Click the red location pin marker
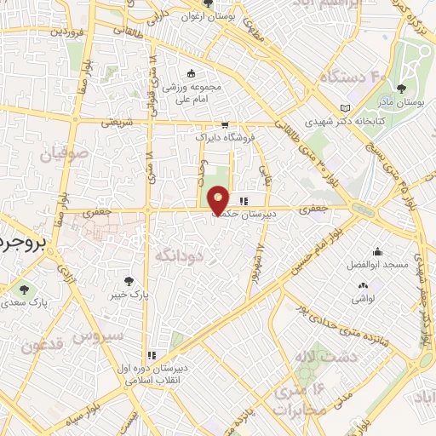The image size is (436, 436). [x=218, y=201]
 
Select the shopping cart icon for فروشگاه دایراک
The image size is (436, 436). [x=225, y=124]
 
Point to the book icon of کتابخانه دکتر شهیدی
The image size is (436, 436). [x=344, y=108]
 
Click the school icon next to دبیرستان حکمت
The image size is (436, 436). [x=244, y=202]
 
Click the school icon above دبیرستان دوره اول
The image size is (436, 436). [x=152, y=355]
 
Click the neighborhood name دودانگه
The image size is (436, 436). [x=180, y=254]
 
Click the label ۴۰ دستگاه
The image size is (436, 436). [x=347, y=77]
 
